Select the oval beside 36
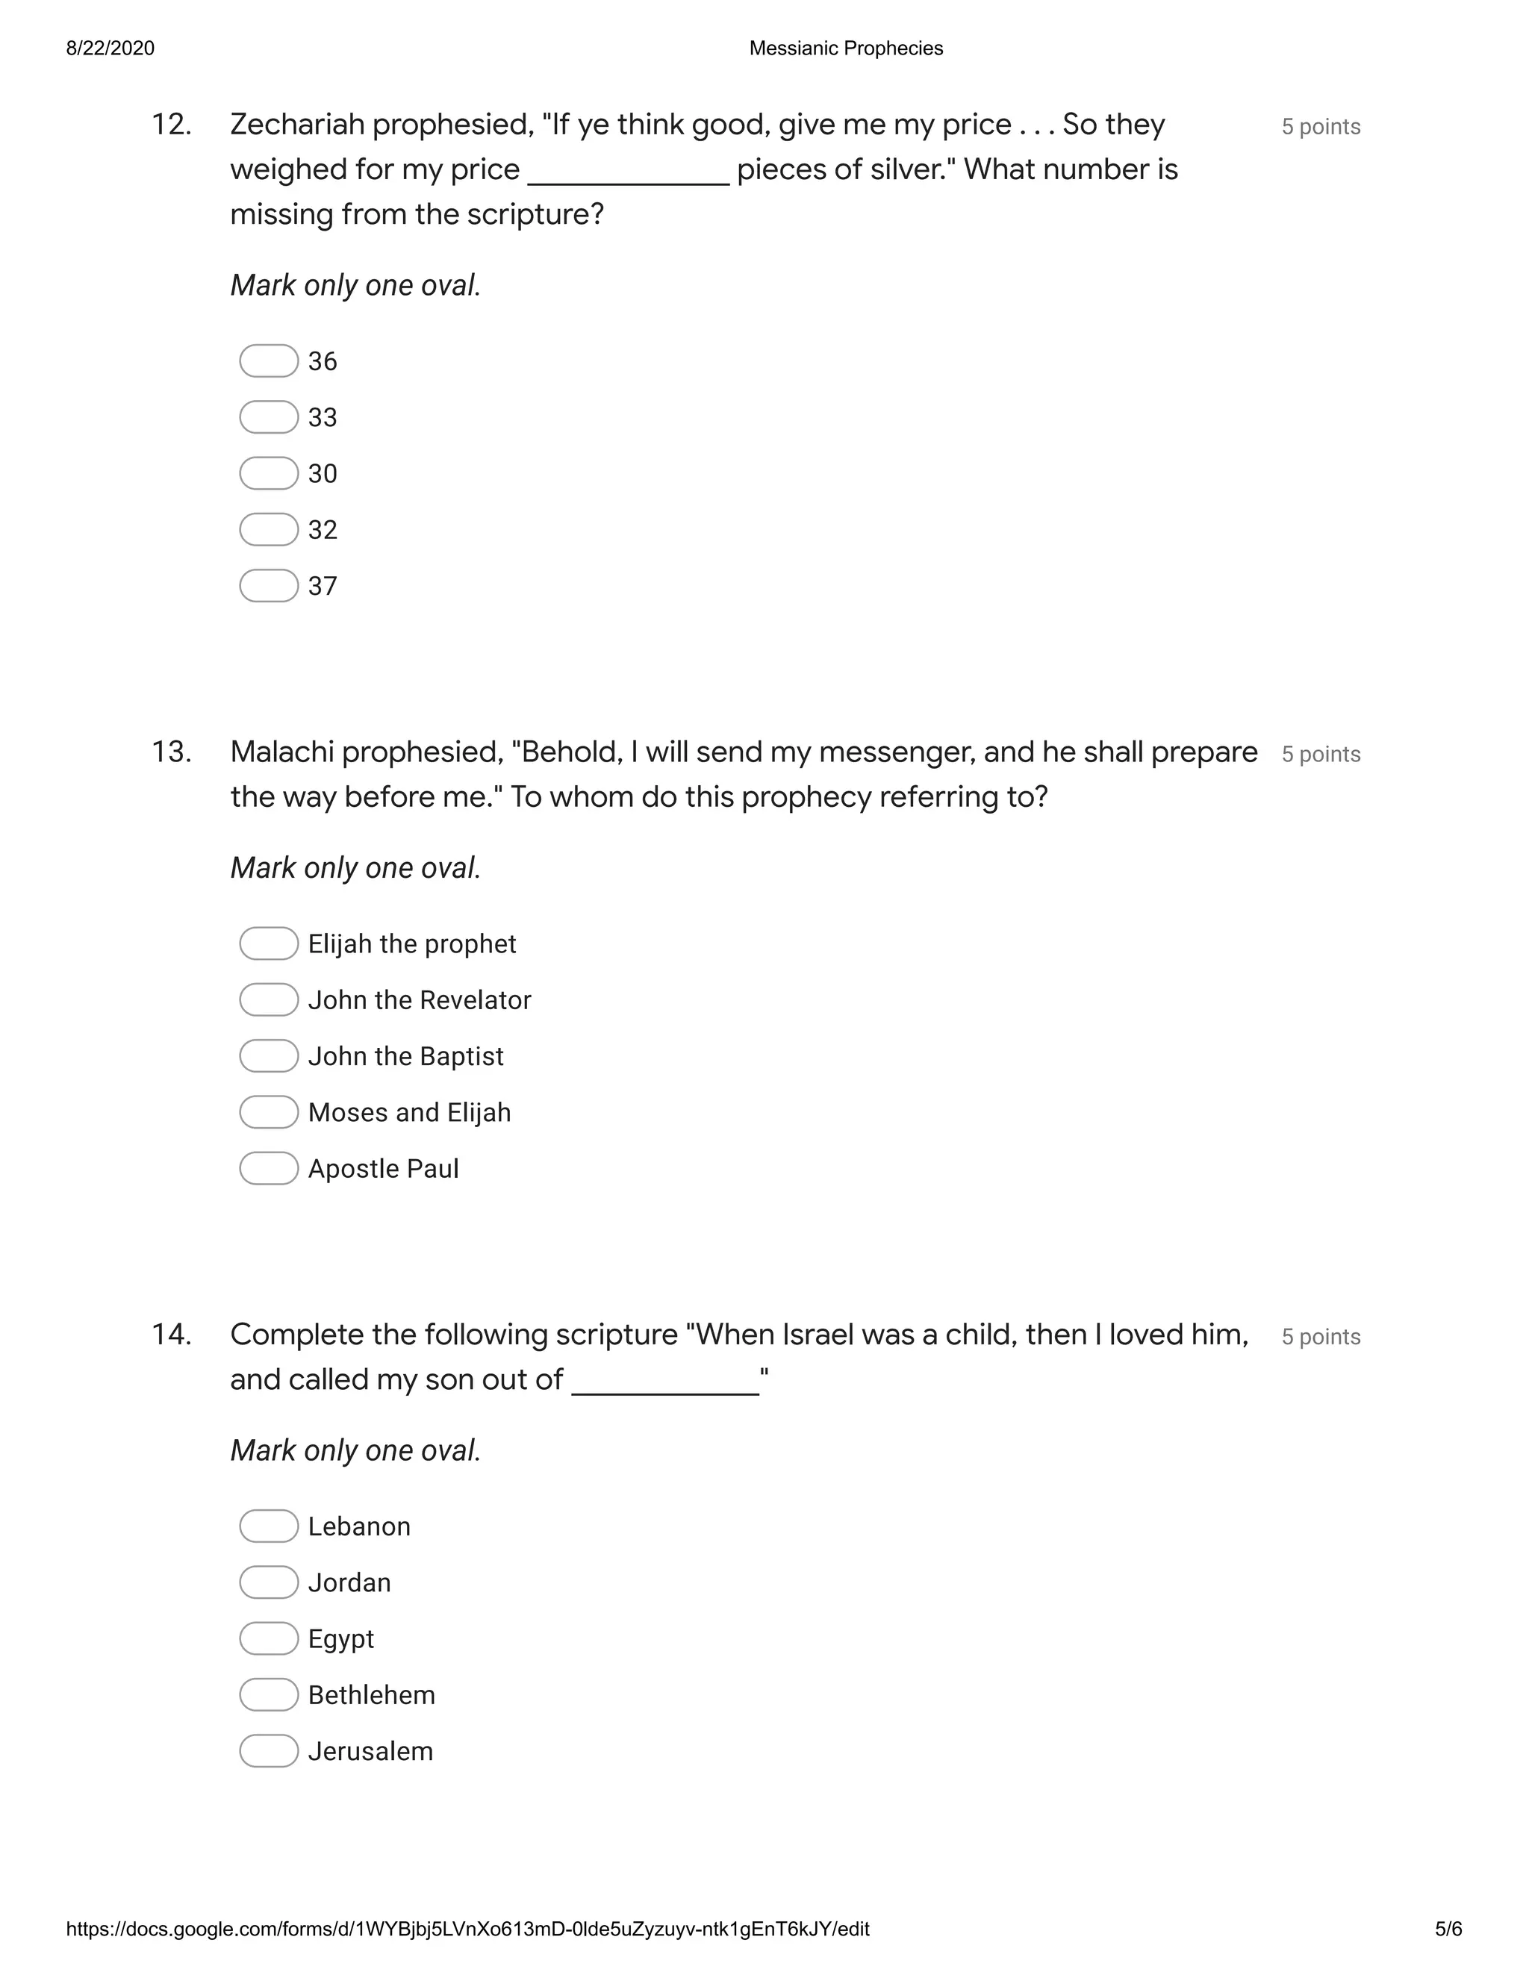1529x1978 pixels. [268, 361]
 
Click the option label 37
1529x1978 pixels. [323, 586]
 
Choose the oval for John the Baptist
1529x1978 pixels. [268, 1056]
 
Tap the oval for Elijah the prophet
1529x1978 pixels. [268, 943]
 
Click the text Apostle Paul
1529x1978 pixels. [383, 1168]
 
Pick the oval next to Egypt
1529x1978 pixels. [268, 1638]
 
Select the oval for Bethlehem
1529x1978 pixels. [268, 1694]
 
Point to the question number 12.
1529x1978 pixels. [171, 124]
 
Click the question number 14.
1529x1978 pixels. [171, 1334]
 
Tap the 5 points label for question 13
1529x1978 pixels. [1321, 755]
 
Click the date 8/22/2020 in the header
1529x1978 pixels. [110, 48]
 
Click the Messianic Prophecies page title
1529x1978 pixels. [846, 48]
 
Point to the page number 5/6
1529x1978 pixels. [1448, 1929]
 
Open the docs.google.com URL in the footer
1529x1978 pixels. [467, 1929]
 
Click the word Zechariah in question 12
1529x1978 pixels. [297, 124]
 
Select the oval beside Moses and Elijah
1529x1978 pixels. [268, 1112]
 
